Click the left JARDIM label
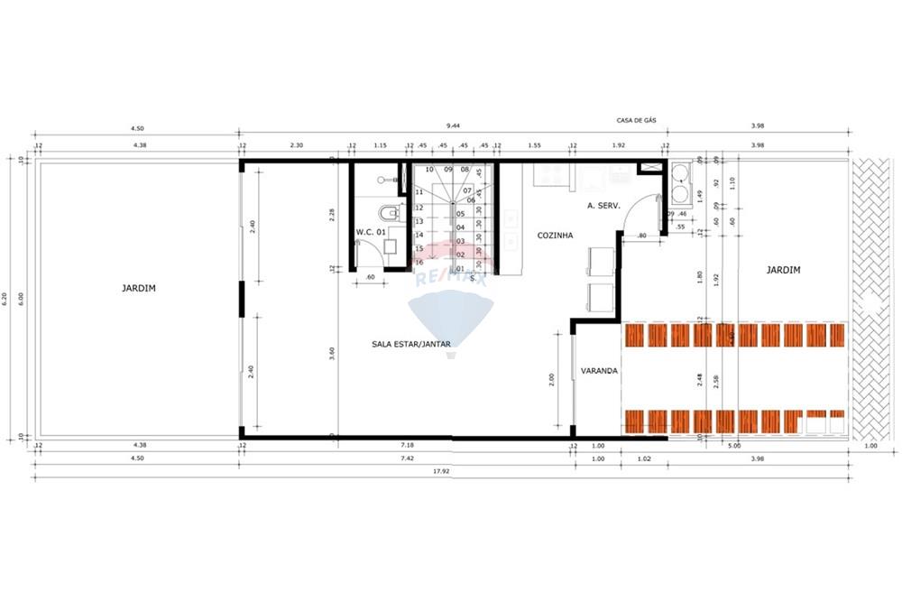click(139, 288)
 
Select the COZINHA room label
click(555, 234)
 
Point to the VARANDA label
click(599, 370)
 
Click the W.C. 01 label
click(371, 232)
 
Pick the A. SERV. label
click(603, 206)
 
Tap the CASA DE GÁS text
click(636, 120)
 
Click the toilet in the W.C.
click(389, 214)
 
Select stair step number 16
click(419, 262)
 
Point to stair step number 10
click(429, 169)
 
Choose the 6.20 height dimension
click(5, 299)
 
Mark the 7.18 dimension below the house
click(407, 445)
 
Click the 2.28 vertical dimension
click(333, 214)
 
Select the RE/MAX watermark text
click(451, 279)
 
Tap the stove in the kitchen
click(548, 174)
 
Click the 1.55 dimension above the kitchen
click(535, 145)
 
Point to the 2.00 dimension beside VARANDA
click(552, 380)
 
